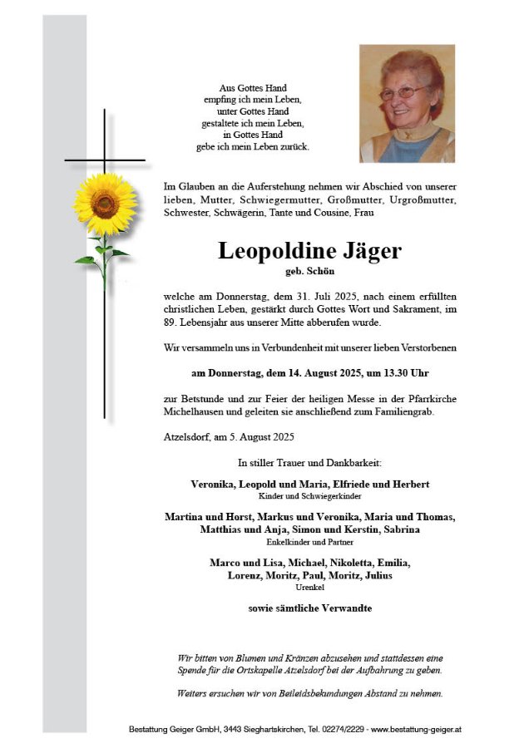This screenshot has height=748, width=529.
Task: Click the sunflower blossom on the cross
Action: [105, 204]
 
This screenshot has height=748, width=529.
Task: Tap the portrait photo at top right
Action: [407, 103]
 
